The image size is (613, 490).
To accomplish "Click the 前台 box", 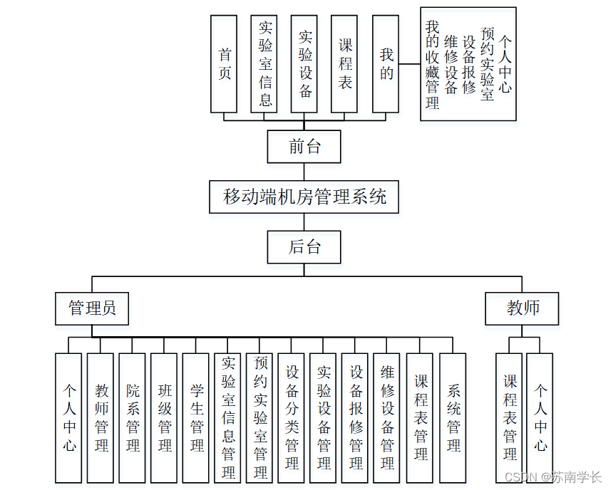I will (304, 147).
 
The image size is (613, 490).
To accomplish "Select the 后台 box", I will (304, 247).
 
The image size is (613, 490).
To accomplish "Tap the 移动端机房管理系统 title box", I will (304, 197).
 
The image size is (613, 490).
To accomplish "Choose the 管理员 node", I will (92, 308).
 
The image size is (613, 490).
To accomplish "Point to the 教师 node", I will (522, 308).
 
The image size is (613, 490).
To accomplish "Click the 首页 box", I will (225, 64).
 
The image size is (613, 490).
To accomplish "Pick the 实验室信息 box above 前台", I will (264, 64).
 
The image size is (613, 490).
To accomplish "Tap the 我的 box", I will (386, 64).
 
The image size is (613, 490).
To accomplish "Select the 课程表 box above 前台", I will (345, 64).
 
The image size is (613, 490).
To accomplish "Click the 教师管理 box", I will (101, 418).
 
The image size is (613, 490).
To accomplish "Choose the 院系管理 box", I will (133, 418).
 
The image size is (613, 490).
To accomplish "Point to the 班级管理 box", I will (165, 418).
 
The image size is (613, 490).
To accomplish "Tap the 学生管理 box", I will (197, 418).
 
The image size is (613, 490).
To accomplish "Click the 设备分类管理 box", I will (292, 418).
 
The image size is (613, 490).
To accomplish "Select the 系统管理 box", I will (453, 418).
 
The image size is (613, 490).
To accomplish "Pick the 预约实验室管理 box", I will (260, 418).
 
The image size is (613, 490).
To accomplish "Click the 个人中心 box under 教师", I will (540, 418).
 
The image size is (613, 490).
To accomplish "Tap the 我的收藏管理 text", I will (432, 64).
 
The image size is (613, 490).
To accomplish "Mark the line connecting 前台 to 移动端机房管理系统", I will (304, 172).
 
